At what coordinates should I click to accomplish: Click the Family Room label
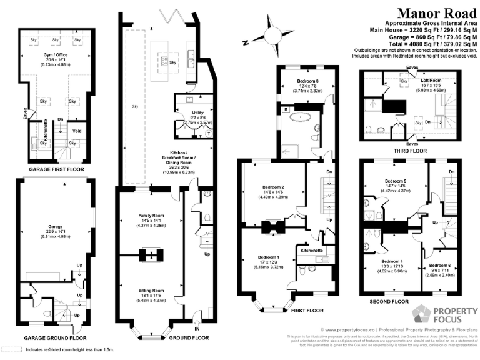point(151,216)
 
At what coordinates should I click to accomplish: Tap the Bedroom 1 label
point(268,257)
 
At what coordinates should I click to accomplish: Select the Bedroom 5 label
point(396,181)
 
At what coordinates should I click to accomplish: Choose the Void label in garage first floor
point(77,131)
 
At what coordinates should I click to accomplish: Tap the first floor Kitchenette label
point(311,250)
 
